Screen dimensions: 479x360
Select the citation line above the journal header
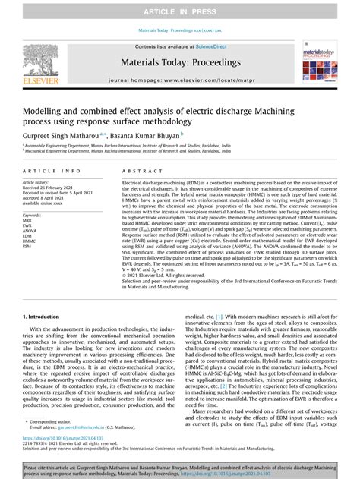(179, 30)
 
